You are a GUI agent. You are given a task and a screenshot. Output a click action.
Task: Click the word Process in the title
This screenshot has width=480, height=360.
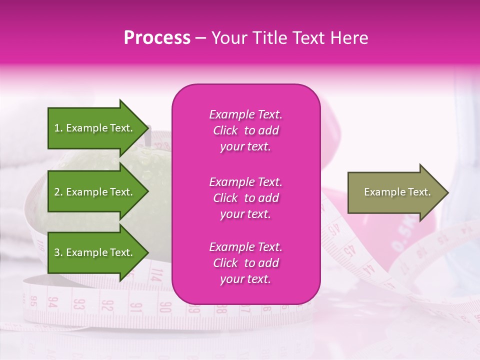click(157, 38)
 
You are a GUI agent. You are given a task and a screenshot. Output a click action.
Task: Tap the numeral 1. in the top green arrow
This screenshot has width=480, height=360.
click(58, 128)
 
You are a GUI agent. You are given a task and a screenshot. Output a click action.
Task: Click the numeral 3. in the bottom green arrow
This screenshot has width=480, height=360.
click(58, 252)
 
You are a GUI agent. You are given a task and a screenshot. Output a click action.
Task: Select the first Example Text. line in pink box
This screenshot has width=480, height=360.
click(245, 114)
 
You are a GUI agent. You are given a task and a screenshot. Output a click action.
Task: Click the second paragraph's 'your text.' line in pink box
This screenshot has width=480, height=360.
click(245, 214)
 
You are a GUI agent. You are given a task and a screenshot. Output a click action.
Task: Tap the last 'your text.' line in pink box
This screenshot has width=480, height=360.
click(245, 279)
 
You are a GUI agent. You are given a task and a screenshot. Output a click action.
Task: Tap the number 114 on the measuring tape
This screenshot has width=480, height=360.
click(156, 274)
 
